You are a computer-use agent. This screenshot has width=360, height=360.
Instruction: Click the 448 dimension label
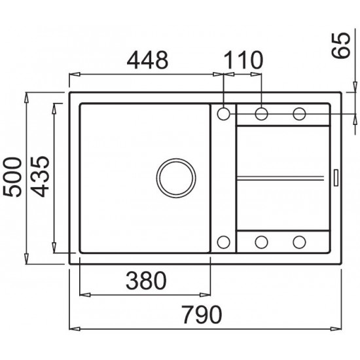147,60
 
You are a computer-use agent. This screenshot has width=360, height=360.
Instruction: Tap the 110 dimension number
243,60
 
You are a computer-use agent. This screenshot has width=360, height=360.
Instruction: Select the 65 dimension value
341,46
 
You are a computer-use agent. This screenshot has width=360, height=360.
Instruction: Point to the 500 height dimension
12,177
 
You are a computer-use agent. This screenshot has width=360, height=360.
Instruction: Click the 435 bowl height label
40,177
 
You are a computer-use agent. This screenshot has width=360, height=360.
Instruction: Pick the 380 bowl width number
146,281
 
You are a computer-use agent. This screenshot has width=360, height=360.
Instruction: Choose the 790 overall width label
202,314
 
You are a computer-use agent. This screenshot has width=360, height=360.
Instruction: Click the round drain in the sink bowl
176,178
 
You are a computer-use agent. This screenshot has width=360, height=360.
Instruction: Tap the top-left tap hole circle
223,114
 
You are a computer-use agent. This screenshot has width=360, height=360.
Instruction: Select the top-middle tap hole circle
262,114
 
